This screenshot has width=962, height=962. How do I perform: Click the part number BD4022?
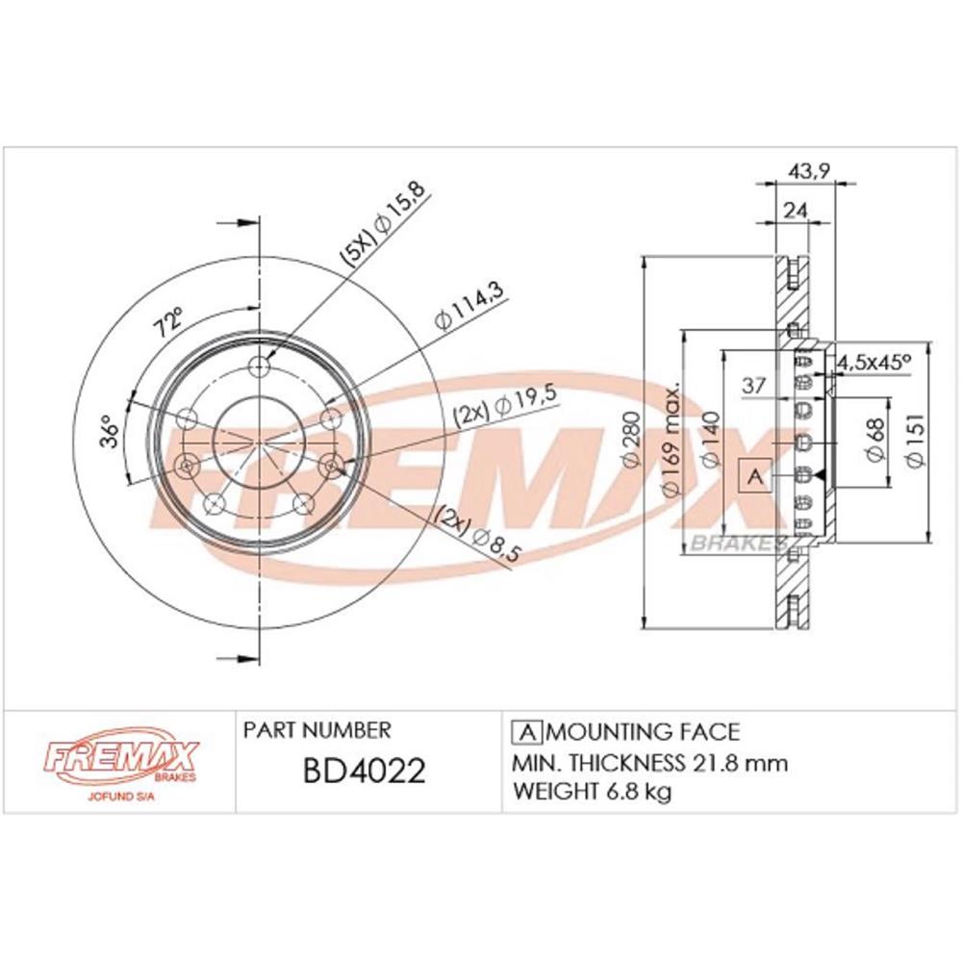[x=365, y=772]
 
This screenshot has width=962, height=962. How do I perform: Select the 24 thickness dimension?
[x=795, y=211]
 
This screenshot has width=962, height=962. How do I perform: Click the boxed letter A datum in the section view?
[x=755, y=475]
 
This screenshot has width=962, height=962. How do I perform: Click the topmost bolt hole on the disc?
[x=260, y=367]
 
